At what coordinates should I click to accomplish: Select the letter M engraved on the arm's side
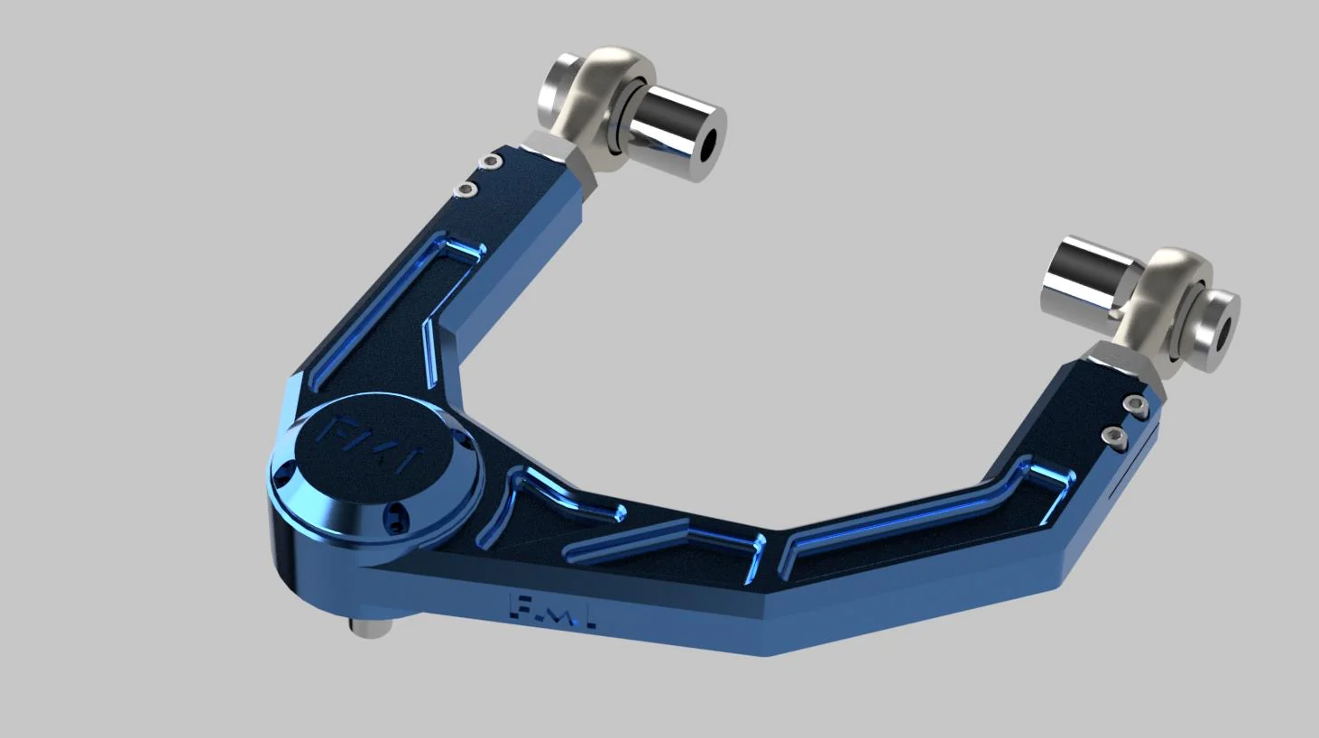[554, 613]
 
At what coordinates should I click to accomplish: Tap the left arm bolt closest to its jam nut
[491, 161]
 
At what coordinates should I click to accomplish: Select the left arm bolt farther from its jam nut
[466, 189]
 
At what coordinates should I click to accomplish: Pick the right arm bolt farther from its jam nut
[1115, 437]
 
